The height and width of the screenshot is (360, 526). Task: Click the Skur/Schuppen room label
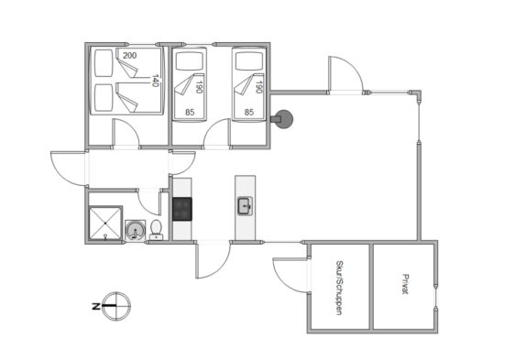pyautogui.click(x=339, y=288)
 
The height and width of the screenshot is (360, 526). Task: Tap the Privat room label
pyautogui.click(x=406, y=284)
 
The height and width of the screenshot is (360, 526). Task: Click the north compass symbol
pyautogui.click(x=116, y=306)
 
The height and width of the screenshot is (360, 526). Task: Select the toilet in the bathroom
pyautogui.click(x=156, y=230)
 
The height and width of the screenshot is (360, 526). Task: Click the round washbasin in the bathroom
pyautogui.click(x=136, y=230)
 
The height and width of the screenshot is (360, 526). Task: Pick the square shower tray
pyautogui.click(x=105, y=224)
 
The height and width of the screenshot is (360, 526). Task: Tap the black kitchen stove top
pyautogui.click(x=182, y=209)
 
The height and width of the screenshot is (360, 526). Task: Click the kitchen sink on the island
pyautogui.click(x=245, y=206)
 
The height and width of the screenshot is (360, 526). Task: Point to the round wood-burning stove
pyautogui.click(x=283, y=119)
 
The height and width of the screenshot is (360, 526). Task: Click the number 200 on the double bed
pyautogui.click(x=129, y=56)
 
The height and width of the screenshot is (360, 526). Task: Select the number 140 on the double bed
pyautogui.click(x=155, y=81)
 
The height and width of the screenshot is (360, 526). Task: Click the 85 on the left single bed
pyautogui.click(x=190, y=113)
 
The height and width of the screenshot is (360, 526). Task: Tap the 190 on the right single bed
pyautogui.click(x=258, y=87)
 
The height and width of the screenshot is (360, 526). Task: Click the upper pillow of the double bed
pyautogui.click(x=104, y=63)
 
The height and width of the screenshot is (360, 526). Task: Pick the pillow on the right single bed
pyautogui.click(x=249, y=61)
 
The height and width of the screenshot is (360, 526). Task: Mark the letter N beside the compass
pyautogui.click(x=96, y=306)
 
